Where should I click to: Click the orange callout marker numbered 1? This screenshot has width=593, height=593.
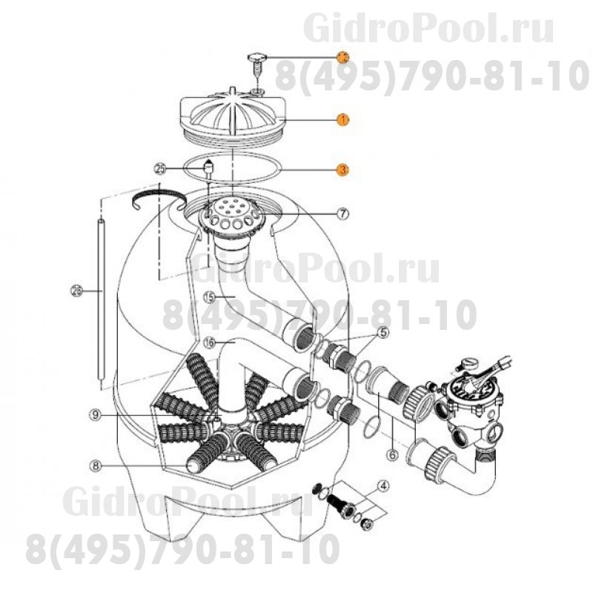[x=342, y=119]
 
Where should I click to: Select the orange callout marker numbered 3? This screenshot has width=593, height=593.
[x=342, y=170]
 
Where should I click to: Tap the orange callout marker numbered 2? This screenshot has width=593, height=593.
[x=342, y=56]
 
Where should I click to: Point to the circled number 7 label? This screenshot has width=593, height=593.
[x=342, y=213]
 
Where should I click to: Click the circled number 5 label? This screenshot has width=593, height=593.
[x=382, y=333]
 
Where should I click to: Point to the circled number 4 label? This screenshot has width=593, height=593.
[x=383, y=486]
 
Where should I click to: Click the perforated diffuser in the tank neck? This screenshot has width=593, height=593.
[x=232, y=215]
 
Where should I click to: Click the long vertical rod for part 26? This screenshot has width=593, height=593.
[x=102, y=296]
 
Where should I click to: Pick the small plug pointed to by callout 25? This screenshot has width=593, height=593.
[x=209, y=170]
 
